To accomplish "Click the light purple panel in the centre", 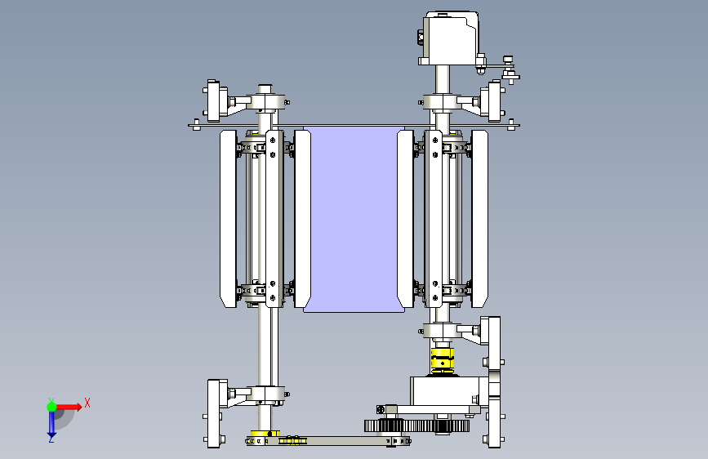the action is coord(354,219).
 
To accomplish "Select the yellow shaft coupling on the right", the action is coord(442,360).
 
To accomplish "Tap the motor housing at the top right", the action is coord(450,38).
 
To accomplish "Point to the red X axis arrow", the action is coord(69,407).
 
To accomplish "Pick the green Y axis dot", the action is coord(51,407).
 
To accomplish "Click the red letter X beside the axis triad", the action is coord(87,403).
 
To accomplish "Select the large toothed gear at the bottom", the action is coord(416,426).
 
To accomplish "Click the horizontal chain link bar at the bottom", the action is coord(328,440).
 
